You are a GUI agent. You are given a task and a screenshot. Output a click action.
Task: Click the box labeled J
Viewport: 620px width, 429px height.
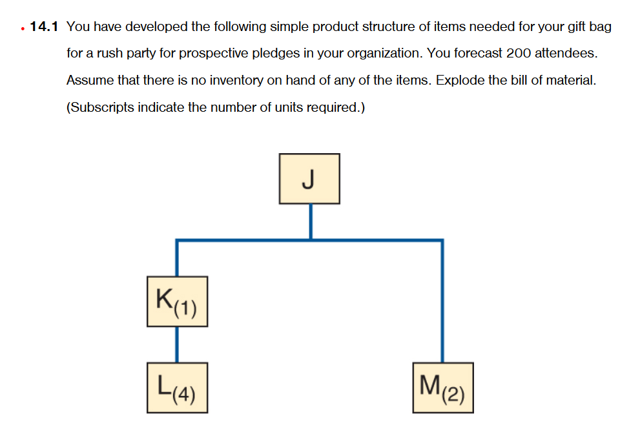309,178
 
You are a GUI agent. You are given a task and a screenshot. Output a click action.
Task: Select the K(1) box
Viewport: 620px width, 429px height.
177,300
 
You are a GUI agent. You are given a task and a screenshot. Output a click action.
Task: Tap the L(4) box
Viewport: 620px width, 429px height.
177,388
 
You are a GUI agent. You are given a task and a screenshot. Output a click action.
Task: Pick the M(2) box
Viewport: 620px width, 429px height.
442,388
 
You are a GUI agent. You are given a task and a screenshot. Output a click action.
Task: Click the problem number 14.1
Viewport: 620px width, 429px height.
44,26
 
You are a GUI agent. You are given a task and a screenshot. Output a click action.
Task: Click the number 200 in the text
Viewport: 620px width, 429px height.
519,54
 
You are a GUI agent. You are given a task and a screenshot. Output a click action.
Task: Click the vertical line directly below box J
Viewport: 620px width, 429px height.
311,222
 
